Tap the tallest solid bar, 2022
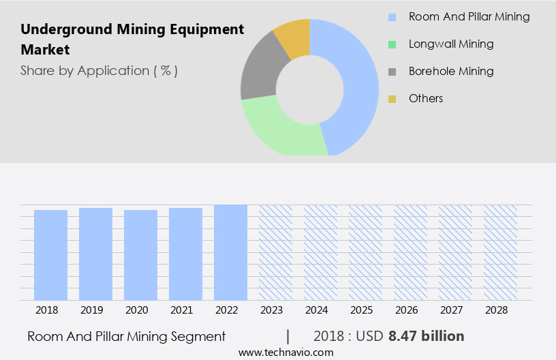pyautogui.click(x=230, y=252)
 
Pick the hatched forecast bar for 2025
pyautogui.click(x=365, y=252)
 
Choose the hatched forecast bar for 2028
pyautogui.click(x=500, y=252)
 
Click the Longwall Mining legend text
pyautogui.click(x=451, y=44)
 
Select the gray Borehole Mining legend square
pyautogui.click(x=392, y=72)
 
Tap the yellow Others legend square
pyautogui.click(x=392, y=99)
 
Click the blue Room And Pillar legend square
pyautogui.click(x=392, y=17)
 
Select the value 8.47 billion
pyautogui.click(x=427, y=336)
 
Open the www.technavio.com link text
pyautogui.click(x=285, y=352)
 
